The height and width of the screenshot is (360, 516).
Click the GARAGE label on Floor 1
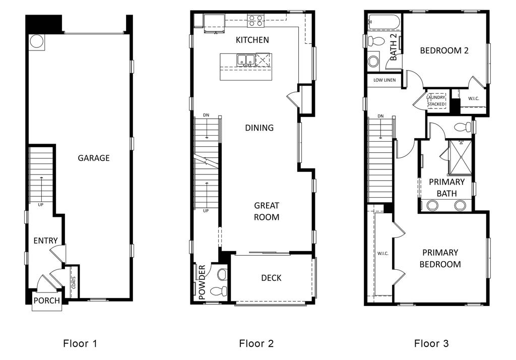tap(93, 158)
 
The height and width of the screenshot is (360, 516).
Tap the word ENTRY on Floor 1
tap(45, 241)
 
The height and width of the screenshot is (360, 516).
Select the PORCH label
tap(46, 301)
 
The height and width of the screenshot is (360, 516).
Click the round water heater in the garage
tap(36, 41)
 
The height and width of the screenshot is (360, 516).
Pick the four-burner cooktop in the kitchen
tap(255, 21)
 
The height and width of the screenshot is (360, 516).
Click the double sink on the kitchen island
tap(246, 60)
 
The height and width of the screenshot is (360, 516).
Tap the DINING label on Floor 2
tap(259, 128)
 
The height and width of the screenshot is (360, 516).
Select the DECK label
tap(271, 278)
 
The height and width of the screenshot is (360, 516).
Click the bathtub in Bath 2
tap(383, 22)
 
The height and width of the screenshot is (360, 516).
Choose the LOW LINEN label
tap(384, 80)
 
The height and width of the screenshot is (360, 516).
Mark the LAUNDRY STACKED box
tap(436, 100)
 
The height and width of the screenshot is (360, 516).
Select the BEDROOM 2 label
tap(444, 50)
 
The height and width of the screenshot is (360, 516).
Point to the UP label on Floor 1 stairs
tap(41, 204)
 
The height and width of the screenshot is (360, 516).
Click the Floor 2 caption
tap(256, 344)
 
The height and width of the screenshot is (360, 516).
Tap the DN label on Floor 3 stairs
tap(380, 116)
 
